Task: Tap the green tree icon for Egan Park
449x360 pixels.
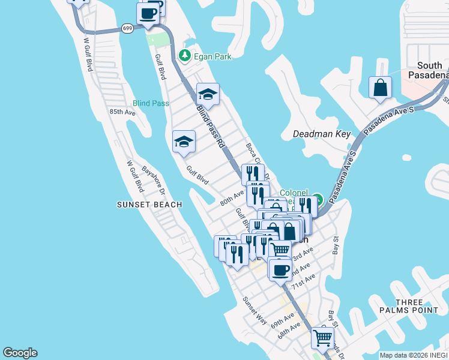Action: pos(185,56)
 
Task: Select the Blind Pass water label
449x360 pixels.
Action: pos(151,103)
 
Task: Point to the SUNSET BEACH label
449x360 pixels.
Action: pos(149,205)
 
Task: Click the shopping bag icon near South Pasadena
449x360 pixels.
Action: pos(381,88)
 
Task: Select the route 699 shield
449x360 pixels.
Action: pos(127,28)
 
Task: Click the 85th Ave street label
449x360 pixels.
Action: pos(122,112)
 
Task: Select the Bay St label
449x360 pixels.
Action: pos(336,247)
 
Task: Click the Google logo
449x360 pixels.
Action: pos(20,353)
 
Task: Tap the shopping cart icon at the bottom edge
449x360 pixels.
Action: pos(322,338)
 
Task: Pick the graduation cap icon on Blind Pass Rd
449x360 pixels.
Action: pos(208,94)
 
